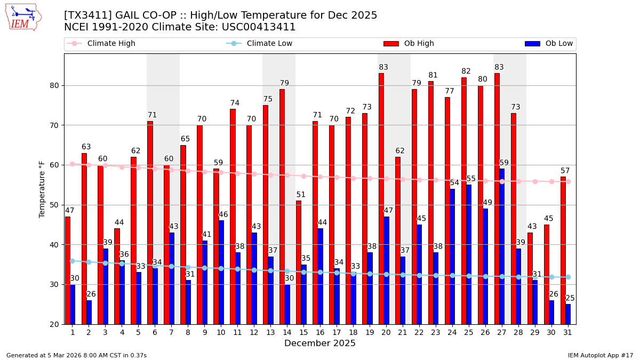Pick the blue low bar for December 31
tap(568, 314)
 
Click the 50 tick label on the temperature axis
tap(54, 205)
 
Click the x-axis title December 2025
tap(319, 343)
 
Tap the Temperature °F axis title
tap(42, 189)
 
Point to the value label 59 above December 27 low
tap(504, 163)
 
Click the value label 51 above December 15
tap(301, 195)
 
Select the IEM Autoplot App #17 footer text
tap(600, 355)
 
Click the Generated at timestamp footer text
tap(76, 355)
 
